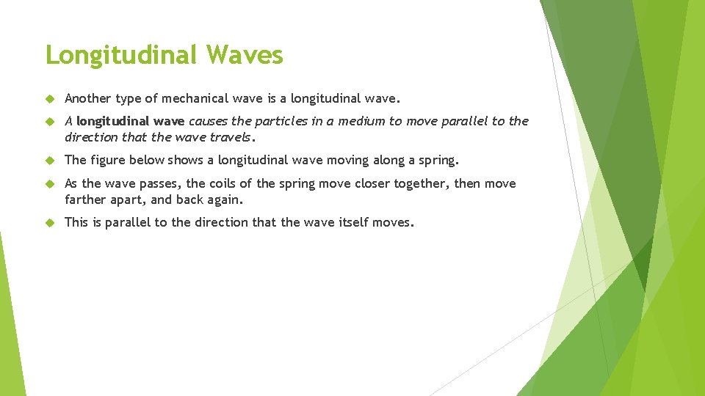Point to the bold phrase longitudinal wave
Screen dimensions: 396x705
(131, 121)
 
